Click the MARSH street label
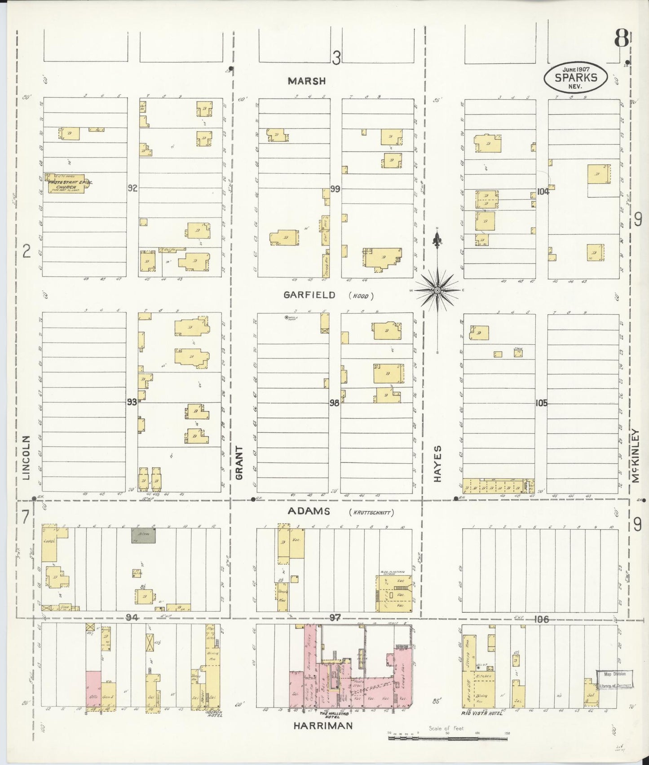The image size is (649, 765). click(x=307, y=81)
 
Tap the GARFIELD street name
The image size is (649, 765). click(x=309, y=295)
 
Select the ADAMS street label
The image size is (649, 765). click(x=309, y=511)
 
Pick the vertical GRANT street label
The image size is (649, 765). click(x=239, y=462)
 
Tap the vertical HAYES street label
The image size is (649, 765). click(x=438, y=463)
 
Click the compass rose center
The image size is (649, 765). click(x=437, y=291)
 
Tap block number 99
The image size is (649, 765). click(x=335, y=189)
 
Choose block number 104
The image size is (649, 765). click(x=543, y=192)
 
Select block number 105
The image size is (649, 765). click(x=541, y=403)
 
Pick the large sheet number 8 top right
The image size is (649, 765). click(x=621, y=39)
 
